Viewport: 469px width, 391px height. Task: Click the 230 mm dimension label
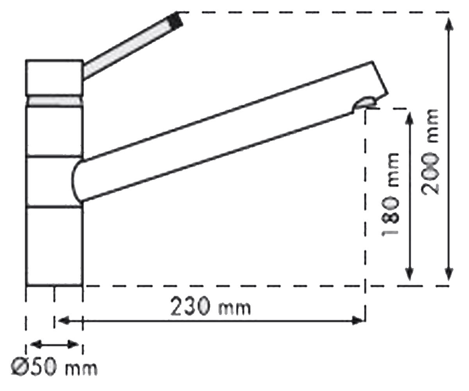211,307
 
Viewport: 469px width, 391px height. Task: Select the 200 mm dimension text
430,152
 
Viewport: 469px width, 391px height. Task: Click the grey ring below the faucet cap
55,100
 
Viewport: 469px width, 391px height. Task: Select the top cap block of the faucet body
54,77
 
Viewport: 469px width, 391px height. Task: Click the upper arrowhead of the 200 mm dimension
449,25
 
